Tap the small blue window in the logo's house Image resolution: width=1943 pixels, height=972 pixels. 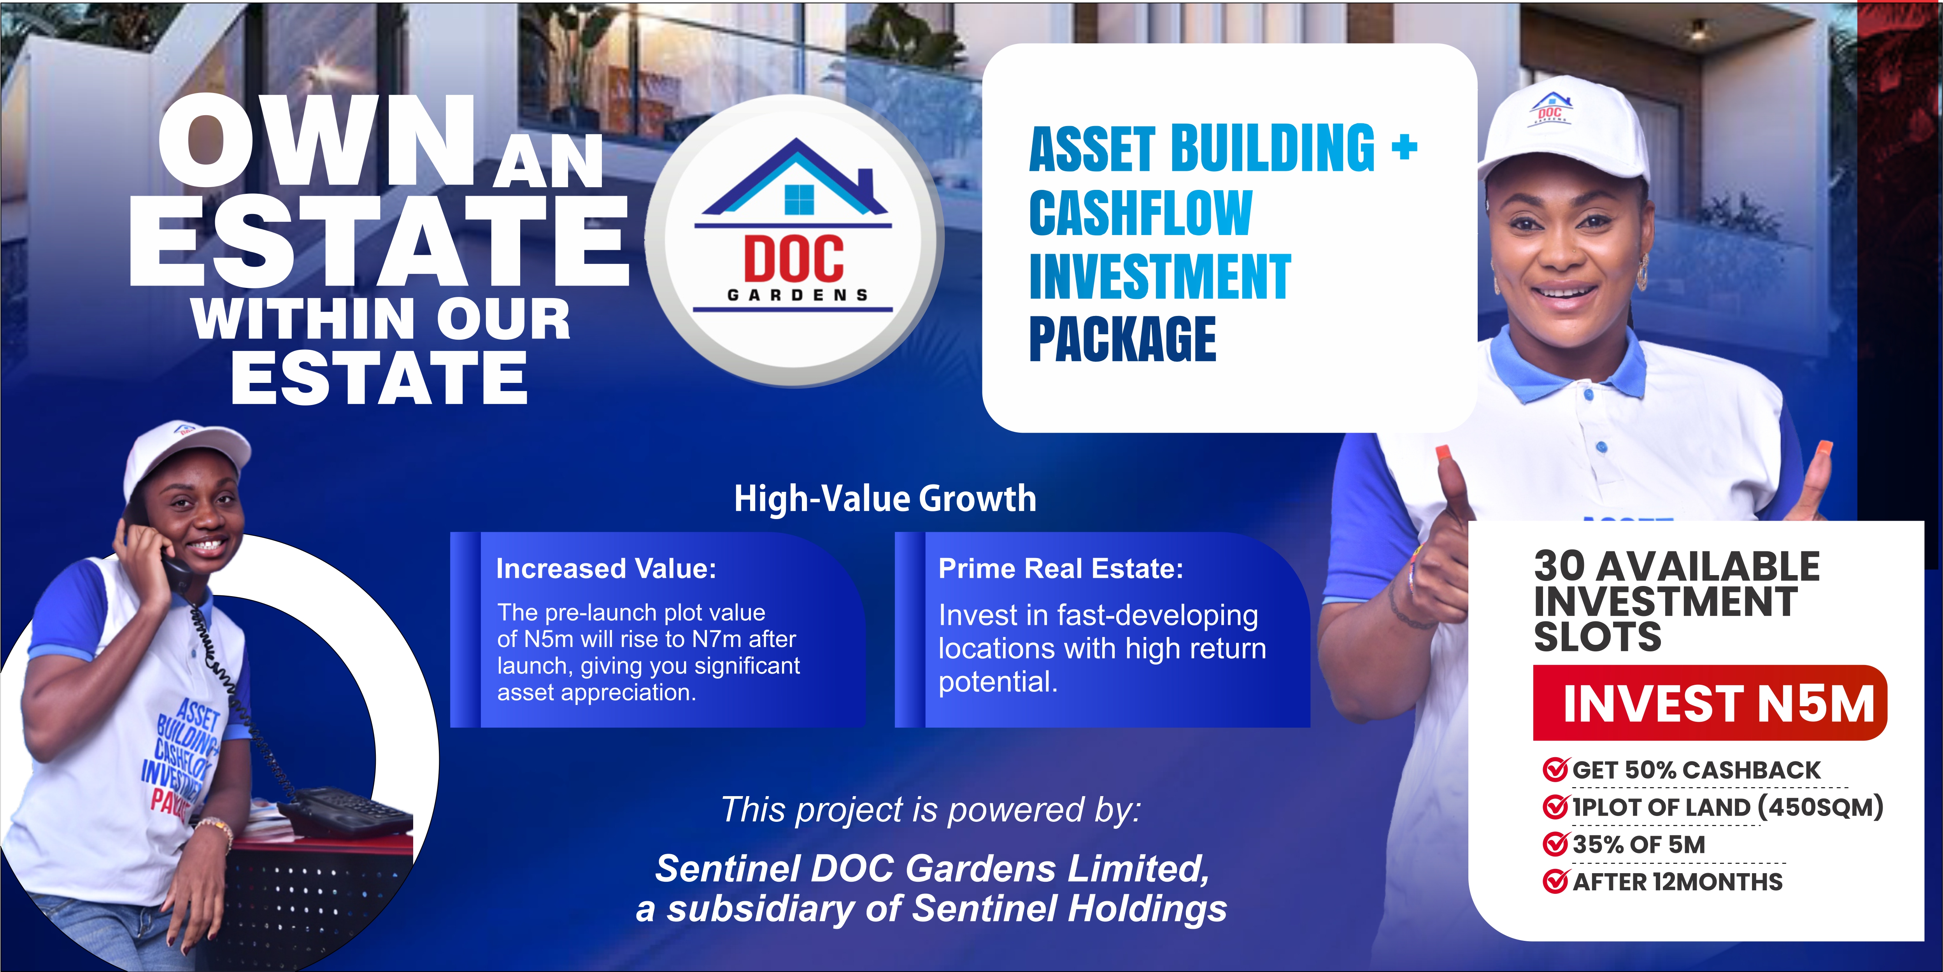(x=800, y=199)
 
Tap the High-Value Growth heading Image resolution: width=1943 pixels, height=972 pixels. (x=885, y=498)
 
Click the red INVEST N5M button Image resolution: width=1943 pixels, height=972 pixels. (x=1710, y=703)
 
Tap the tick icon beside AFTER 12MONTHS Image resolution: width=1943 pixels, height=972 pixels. (x=1556, y=881)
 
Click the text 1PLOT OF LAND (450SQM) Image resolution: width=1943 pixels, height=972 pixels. (x=1727, y=807)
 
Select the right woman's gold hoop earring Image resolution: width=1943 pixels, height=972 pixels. (x=1642, y=273)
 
